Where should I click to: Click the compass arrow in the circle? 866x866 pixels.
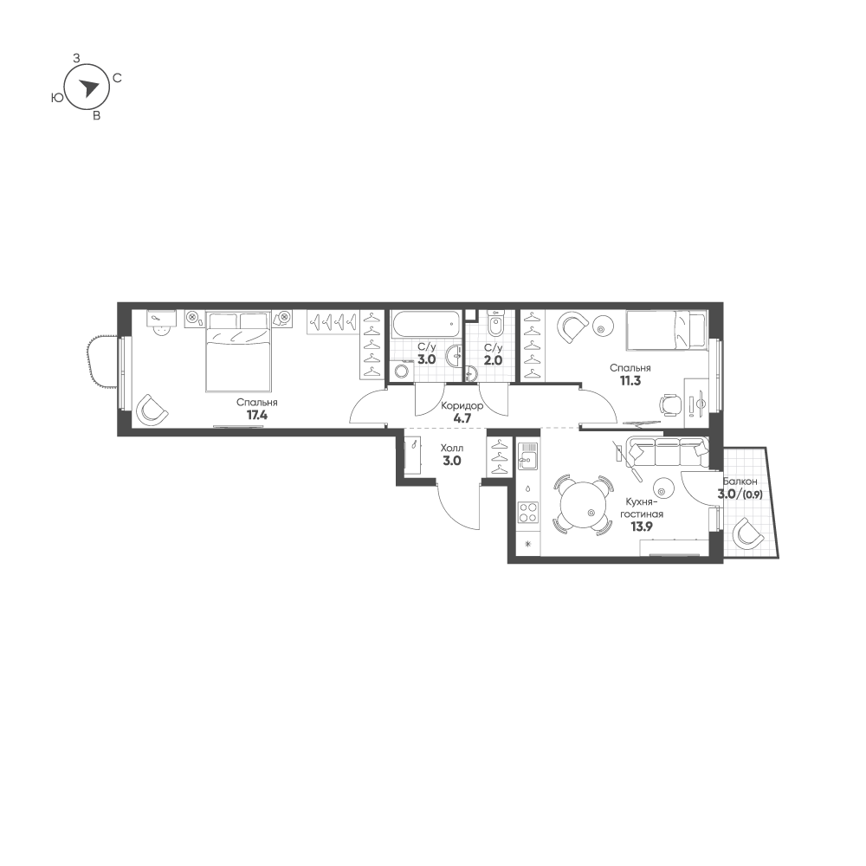[87, 87]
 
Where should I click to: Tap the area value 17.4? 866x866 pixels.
[257, 415]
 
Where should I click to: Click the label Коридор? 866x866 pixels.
[462, 406]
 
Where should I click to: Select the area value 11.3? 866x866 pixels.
[630, 380]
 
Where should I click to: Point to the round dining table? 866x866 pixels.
[585, 505]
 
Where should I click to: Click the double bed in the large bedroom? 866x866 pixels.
[239, 352]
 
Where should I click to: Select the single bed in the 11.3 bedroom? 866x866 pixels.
[666, 330]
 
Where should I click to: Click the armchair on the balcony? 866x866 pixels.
[748, 533]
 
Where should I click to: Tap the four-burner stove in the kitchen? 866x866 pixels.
[528, 512]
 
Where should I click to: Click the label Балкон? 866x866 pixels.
[740, 481]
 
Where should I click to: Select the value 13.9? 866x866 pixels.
[642, 527]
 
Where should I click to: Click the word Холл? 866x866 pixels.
[452, 448]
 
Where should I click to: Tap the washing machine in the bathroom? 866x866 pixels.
[402, 370]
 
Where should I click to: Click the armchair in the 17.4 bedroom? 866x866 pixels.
[152, 410]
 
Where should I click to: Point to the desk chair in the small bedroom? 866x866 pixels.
[670, 404]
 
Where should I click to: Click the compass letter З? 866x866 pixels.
[77, 58]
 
